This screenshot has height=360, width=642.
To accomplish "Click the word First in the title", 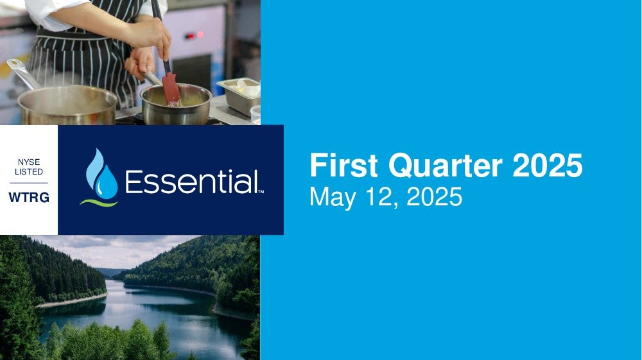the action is [x=343, y=165].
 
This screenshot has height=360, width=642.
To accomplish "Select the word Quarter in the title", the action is [x=445, y=166].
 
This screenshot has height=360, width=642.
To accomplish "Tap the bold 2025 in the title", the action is [x=548, y=165].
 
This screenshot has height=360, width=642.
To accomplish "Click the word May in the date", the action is [x=333, y=198].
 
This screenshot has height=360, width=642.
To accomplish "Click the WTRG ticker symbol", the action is [x=29, y=198].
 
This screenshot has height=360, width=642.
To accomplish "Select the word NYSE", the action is [x=29, y=162].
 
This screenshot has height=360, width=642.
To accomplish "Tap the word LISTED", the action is [x=29, y=172].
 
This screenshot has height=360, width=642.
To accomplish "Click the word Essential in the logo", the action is [x=191, y=182].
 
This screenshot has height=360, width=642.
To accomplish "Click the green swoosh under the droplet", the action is [x=99, y=203].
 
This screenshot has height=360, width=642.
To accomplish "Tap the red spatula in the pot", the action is [x=171, y=89].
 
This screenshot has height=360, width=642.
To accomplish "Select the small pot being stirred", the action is [x=176, y=105].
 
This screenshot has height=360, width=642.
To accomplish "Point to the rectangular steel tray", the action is [x=239, y=96].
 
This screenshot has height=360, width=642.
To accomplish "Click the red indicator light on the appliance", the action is [x=200, y=35].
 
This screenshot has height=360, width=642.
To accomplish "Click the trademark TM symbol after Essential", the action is [x=261, y=191].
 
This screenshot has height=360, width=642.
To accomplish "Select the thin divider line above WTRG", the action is [x=29, y=183].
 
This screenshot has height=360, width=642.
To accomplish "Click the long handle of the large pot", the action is [x=23, y=74].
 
